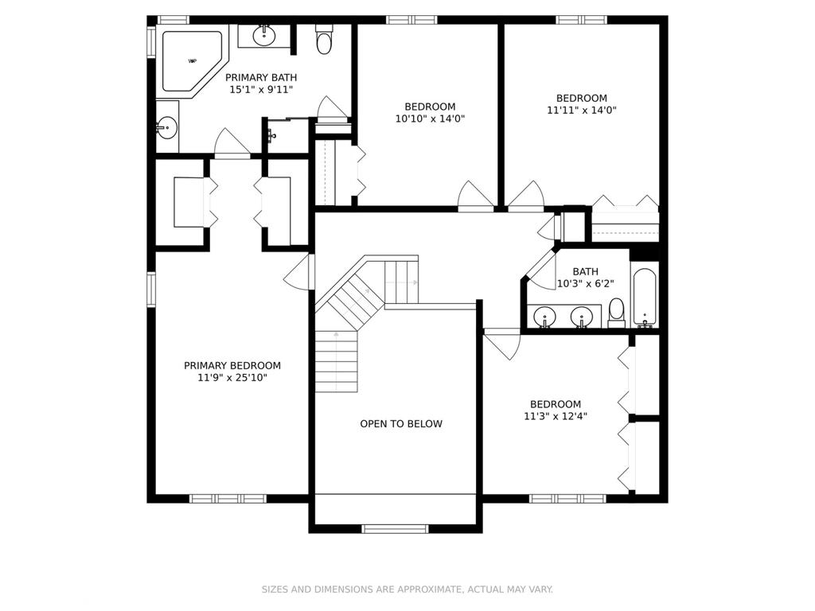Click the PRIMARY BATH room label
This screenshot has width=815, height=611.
coord(261,77)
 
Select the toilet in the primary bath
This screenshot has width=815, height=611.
coord(324,40)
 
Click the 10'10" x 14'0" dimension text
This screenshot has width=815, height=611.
coord(430,119)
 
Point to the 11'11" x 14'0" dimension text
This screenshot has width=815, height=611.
coord(581,111)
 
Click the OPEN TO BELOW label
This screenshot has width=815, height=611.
coord(401,424)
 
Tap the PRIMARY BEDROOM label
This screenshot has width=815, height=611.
coord(232,366)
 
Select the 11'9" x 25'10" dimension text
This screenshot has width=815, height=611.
coord(232,378)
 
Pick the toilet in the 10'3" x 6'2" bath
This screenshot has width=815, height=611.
coord(617,312)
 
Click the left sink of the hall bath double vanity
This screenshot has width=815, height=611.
coord(545,316)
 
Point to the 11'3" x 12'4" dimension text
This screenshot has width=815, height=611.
coord(556,416)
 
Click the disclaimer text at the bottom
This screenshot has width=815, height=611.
coord(407,590)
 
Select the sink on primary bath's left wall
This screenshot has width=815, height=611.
coord(166,126)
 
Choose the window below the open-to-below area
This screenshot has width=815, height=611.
coord(395,528)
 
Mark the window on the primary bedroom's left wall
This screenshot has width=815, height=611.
coord(151,289)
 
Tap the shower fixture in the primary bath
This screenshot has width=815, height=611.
coord(272,135)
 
